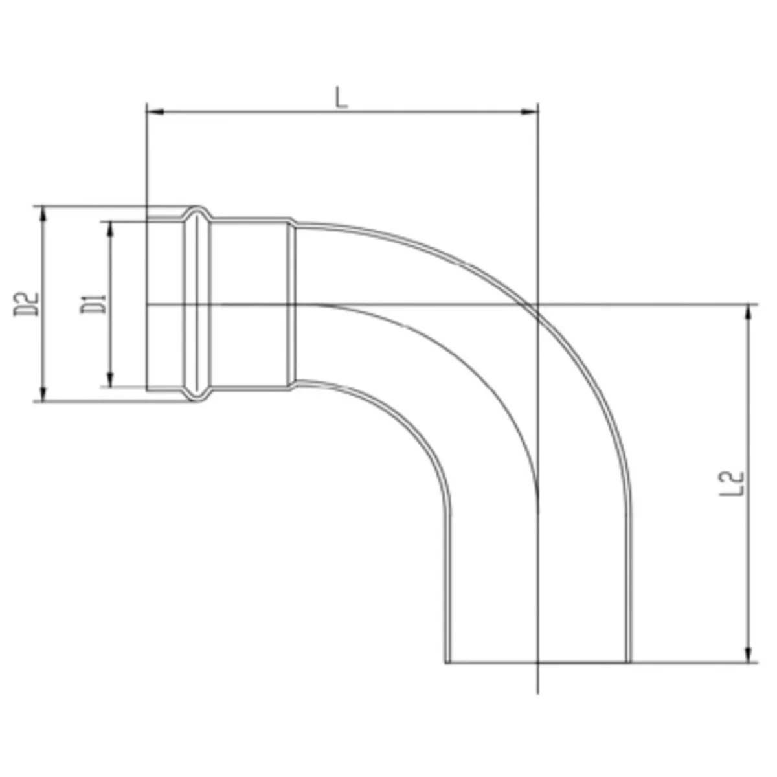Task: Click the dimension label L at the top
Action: click(x=341, y=98)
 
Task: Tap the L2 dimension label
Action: click(x=732, y=484)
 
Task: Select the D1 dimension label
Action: click(x=93, y=304)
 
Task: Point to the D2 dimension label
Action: click(x=27, y=304)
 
